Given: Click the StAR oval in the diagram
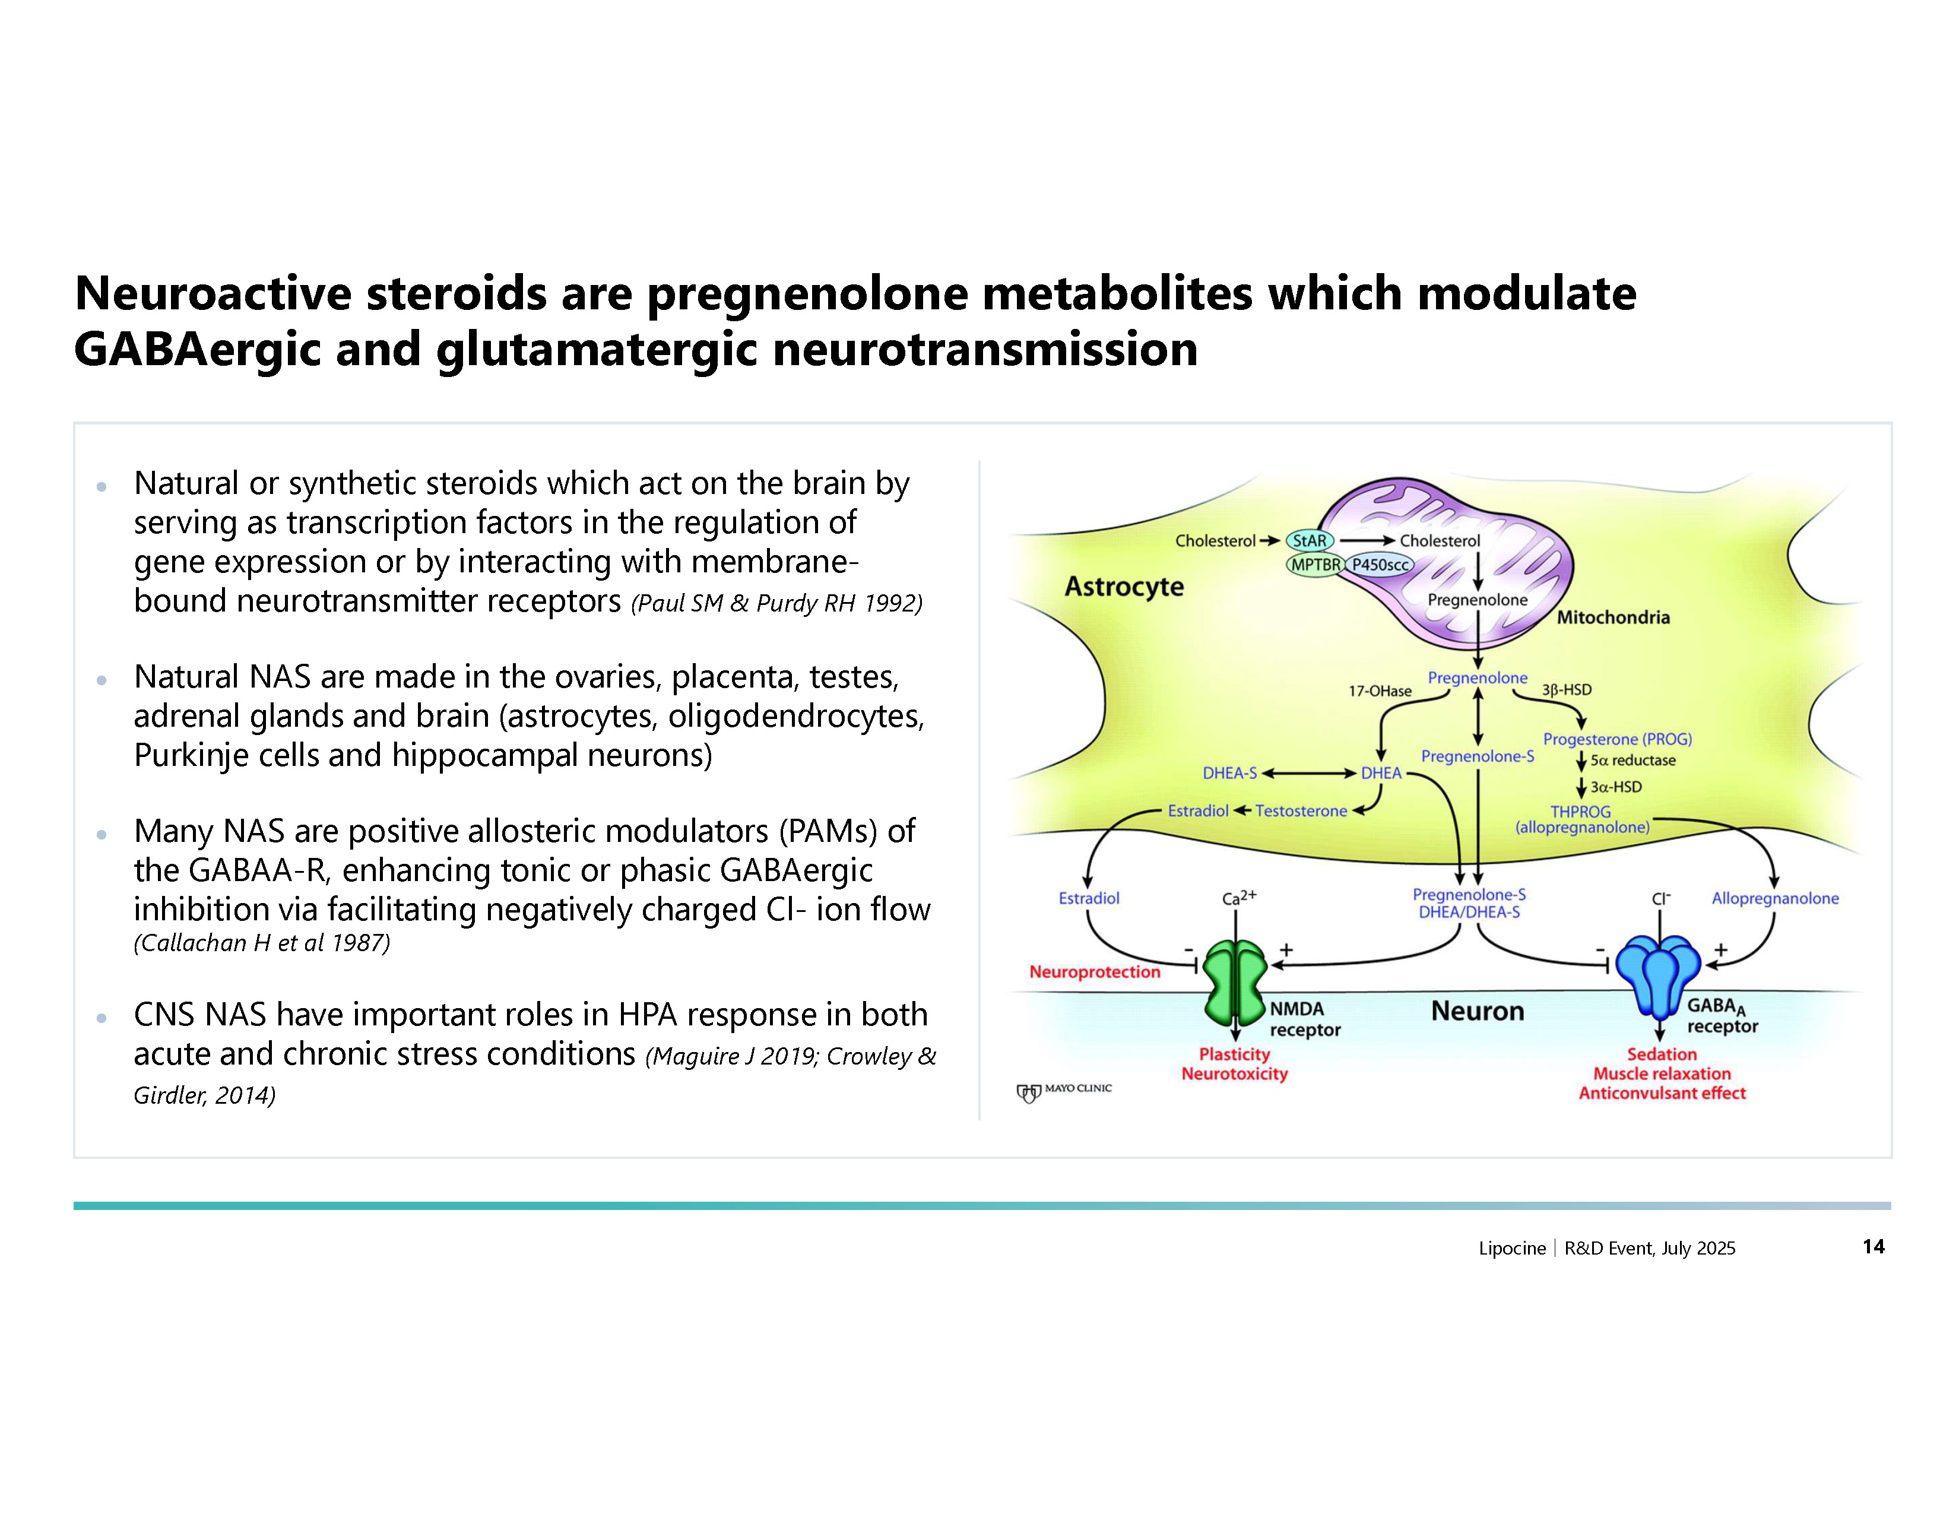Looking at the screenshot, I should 1310,541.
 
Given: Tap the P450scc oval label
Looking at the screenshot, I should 1380,565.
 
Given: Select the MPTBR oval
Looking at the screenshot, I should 1315,565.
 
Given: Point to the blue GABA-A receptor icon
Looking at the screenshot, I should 1659,973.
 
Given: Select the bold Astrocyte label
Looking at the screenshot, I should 1124,587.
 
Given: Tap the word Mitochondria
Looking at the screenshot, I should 1613,617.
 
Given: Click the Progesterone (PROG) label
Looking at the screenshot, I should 1617,739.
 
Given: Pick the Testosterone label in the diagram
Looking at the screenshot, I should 1301,811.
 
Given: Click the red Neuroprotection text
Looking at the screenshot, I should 1094,971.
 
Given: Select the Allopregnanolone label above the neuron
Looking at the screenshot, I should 1774,898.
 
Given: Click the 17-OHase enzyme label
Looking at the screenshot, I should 1380,691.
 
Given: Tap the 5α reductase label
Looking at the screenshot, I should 1632,761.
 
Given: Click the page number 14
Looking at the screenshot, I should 1873,1247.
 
